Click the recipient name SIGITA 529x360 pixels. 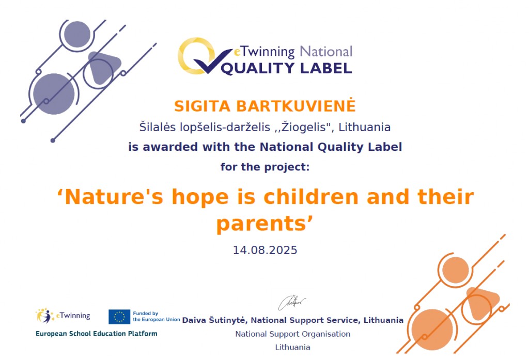pos(202,106)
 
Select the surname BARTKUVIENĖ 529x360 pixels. pos(295,105)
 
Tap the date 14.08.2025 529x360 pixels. pos(265,250)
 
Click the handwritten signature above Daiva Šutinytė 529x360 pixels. pos(292,302)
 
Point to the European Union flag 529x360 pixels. pos(119,317)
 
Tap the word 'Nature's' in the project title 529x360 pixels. pos(114,196)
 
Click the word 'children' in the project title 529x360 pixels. pos(310,196)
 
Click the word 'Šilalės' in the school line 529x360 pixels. pos(158,127)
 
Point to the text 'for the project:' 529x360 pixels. pos(265,167)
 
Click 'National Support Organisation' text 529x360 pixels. pos(292,334)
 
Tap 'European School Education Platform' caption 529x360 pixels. pos(97,334)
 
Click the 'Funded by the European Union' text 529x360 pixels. pos(156,317)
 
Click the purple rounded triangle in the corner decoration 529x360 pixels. pos(103,67)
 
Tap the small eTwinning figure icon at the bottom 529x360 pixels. pos(45,316)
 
